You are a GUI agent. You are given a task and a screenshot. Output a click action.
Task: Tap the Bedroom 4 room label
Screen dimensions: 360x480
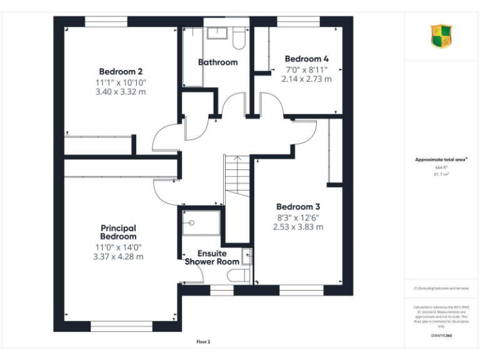pyautogui.click(x=306, y=59)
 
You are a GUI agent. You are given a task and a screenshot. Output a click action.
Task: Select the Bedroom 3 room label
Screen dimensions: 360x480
pyautogui.click(x=298, y=207)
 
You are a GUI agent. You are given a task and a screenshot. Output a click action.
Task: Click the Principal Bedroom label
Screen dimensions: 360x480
pyautogui.click(x=118, y=232)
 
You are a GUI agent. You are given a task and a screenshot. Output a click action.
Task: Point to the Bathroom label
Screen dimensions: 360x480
pyautogui.click(x=217, y=62)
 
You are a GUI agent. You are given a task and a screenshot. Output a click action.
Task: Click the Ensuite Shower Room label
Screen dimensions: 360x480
pyautogui.click(x=212, y=257)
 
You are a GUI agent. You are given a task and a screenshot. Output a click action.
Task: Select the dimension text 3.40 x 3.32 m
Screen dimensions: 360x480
pyautogui.click(x=121, y=92)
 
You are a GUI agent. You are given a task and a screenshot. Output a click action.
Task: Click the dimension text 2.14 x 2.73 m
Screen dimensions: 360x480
pyautogui.click(x=306, y=79)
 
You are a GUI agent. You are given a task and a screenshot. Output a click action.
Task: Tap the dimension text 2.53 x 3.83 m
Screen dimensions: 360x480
pyautogui.click(x=298, y=227)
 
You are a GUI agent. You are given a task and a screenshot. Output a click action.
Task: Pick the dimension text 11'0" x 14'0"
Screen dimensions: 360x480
pyautogui.click(x=118, y=247)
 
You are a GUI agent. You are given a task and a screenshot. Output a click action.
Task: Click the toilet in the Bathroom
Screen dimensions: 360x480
pyautogui.click(x=239, y=39)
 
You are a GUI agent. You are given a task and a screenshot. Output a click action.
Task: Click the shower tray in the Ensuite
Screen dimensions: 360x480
pyautogui.click(x=201, y=223)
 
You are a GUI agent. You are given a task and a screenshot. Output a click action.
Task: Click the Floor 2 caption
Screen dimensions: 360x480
pyautogui.click(x=204, y=342)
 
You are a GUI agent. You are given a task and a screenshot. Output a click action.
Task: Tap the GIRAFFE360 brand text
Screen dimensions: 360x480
pyautogui.click(x=441, y=336)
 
